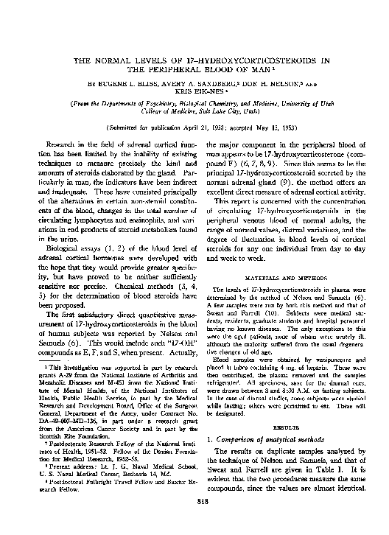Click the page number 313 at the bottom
[195, 503]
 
